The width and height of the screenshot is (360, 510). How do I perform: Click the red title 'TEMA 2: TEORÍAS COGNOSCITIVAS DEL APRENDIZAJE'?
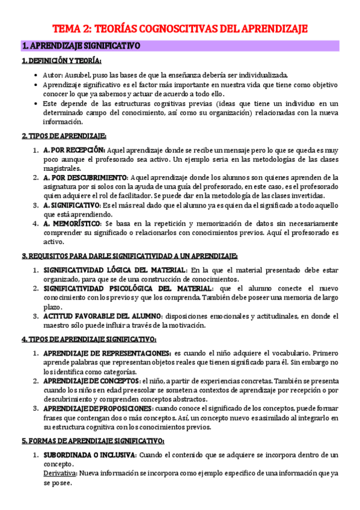(x=180, y=28)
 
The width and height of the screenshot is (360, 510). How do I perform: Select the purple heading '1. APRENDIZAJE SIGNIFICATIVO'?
(x=81, y=46)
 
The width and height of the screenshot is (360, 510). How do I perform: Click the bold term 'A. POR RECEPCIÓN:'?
(x=75, y=150)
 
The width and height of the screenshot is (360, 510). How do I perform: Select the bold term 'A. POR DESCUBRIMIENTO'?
(x=85, y=177)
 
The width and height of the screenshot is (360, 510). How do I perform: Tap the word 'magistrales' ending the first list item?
(x=63, y=168)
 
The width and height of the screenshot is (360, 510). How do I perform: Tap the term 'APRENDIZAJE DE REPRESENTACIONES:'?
(x=107, y=353)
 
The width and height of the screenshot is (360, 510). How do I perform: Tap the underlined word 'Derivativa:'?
(x=60, y=473)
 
